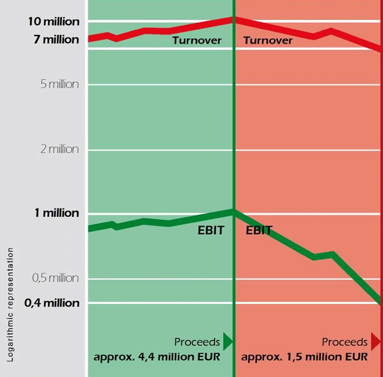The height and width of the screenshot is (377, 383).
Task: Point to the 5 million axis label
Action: tap(56, 85)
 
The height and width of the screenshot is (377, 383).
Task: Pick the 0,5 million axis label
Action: tap(56, 278)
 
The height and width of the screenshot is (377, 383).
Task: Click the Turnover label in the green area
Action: tap(196, 41)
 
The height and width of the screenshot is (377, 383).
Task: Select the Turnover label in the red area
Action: tap(268, 41)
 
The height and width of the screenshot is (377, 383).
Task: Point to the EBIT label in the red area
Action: tap(259, 231)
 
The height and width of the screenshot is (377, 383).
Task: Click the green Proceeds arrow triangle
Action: tap(228, 342)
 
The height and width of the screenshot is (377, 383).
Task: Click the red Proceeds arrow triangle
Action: tap(376, 342)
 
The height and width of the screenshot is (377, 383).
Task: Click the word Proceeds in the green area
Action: tap(197, 342)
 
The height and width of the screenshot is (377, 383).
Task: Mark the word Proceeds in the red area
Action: tap(345, 342)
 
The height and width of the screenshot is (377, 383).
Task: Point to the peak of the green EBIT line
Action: tap(234, 211)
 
